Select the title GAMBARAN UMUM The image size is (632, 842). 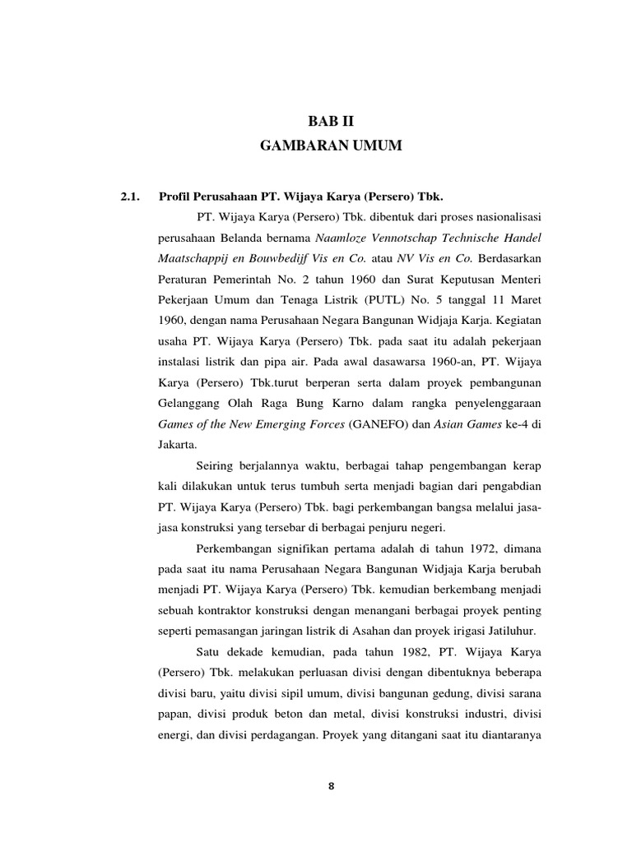tap(330, 146)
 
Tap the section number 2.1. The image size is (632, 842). tap(132, 197)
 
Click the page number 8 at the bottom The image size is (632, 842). tap(331, 785)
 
